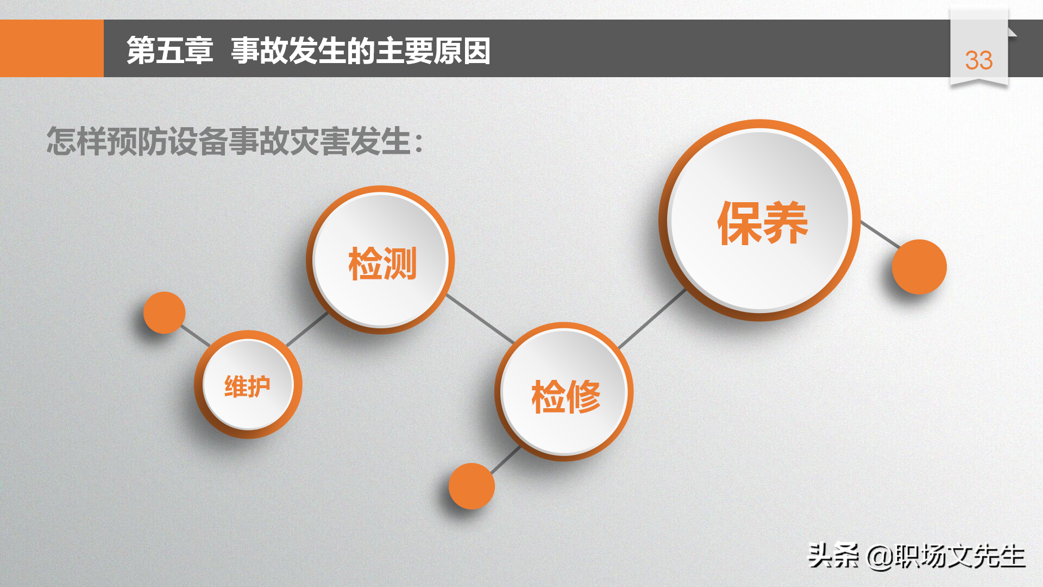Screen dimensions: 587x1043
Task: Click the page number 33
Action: pos(978,60)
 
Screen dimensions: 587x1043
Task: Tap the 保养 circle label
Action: pos(763,223)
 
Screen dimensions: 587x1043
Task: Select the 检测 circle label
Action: pos(382,264)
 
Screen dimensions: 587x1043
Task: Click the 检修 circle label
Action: pos(566,396)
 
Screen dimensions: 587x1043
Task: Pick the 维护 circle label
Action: pos(247,386)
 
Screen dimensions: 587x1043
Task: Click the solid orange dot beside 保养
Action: pos(919,267)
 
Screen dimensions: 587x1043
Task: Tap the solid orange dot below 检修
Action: pos(472,486)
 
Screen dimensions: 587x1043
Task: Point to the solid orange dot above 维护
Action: pos(164,313)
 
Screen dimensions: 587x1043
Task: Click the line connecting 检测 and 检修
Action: pos(480,319)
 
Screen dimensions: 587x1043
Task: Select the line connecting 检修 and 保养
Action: pos(652,319)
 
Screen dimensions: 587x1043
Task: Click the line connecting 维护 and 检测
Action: pos(307,329)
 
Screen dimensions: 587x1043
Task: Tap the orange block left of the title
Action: pos(52,48)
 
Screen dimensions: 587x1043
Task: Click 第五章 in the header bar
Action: pos(169,51)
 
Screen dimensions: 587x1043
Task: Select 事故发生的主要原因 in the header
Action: pos(361,51)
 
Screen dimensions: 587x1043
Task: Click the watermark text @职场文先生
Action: pos(946,557)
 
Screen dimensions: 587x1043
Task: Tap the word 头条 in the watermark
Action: pos(833,556)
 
